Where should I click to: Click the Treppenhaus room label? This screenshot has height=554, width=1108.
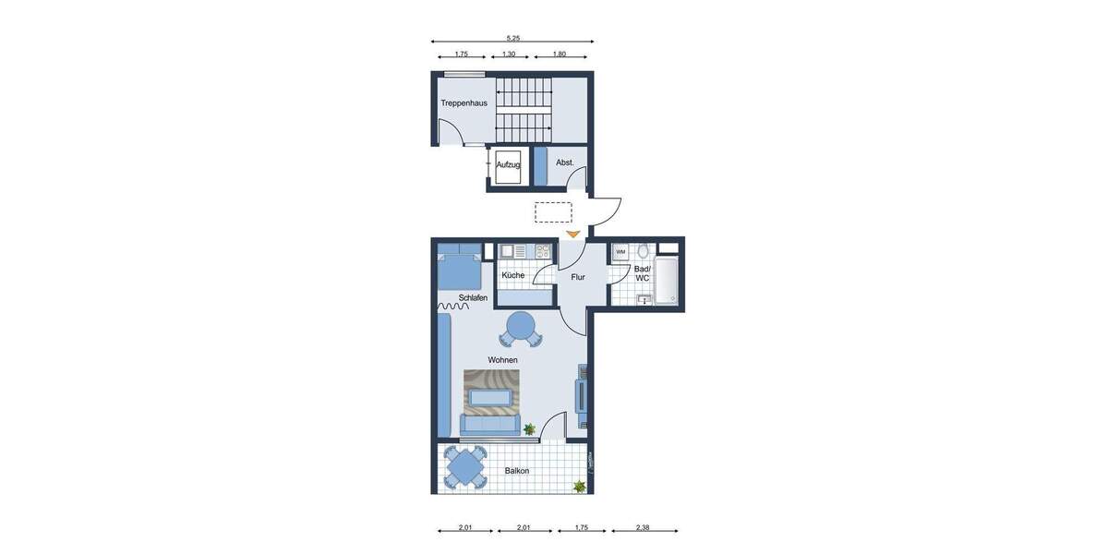[464, 102]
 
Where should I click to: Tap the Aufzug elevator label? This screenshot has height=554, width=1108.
[508, 164]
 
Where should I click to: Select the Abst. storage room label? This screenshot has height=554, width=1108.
[565, 163]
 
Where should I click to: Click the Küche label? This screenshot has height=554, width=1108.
[513, 275]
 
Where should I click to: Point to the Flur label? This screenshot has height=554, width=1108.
[578, 277]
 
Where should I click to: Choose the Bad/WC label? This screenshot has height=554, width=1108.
[642, 273]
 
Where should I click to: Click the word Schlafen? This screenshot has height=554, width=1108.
[473, 297]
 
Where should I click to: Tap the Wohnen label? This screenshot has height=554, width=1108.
[502, 360]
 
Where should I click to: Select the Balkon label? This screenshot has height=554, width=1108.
[517, 471]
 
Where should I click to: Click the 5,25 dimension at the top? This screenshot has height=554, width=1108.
[512, 38]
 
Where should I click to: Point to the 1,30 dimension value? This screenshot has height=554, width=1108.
[509, 54]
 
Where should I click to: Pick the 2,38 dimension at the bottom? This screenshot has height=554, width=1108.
[643, 527]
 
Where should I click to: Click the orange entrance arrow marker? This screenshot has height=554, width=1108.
[573, 235]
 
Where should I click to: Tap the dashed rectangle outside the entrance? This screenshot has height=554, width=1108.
[553, 212]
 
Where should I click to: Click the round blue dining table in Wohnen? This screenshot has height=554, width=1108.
[521, 326]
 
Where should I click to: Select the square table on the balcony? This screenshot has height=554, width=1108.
[464, 467]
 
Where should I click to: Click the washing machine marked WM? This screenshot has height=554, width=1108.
[620, 251]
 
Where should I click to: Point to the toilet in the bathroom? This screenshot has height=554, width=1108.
[644, 251]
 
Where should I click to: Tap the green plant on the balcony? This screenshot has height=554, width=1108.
[579, 486]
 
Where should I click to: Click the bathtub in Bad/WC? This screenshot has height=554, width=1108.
[667, 281]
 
